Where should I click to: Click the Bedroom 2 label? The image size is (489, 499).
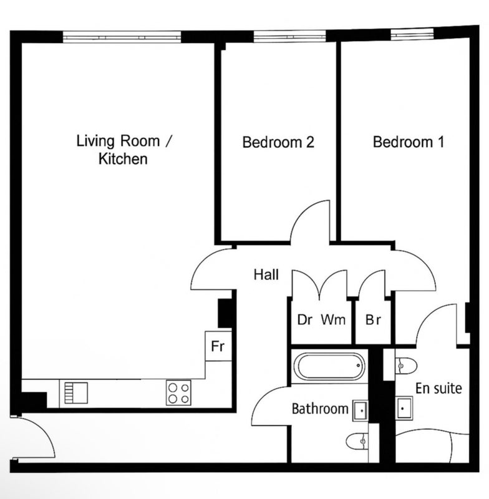pos(278,142)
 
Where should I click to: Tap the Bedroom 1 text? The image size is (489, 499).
pos(408,142)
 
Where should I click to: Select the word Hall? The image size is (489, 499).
pos(266,274)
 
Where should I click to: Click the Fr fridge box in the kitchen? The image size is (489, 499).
pos(218,346)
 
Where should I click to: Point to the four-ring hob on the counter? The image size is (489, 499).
pos(178,393)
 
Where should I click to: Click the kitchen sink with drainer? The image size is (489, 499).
pos(76,393)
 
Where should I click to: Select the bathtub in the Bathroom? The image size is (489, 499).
pos(329,366)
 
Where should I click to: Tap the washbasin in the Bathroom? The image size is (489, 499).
pos(361,411)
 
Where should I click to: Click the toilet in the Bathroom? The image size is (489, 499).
pos(358,441)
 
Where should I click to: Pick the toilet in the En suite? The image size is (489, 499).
pos(405,366)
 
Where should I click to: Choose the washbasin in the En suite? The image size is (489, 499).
pos(404,408)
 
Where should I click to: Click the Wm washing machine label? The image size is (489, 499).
pos(333,319)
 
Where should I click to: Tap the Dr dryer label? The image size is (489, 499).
pos(304,320)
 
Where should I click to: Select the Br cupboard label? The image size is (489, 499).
pos(373,320)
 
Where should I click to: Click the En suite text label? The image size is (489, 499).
pos(438,388)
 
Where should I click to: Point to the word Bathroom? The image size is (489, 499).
pos(320,409)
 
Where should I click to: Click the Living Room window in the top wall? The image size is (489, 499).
pos(122,37)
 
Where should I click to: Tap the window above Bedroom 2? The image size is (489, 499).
pos(290,36)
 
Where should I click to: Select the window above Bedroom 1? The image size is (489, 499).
pos(412,34)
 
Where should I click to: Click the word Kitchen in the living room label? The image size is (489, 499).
pos(123,159)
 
